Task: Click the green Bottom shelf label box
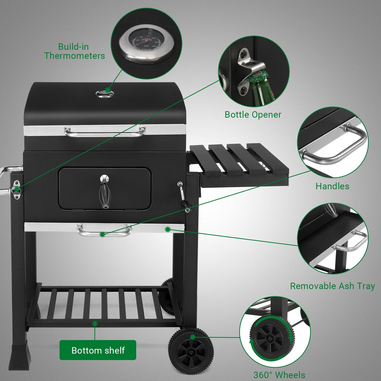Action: click(x=98, y=350)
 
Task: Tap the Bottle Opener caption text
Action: click(x=253, y=115)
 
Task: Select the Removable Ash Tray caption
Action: click(x=332, y=286)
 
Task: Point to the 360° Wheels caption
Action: click(x=279, y=375)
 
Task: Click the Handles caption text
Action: click(x=332, y=186)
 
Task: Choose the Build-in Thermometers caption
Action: click(x=74, y=51)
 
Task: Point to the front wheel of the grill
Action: click(x=191, y=351)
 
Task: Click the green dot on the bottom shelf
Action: click(x=95, y=323)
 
